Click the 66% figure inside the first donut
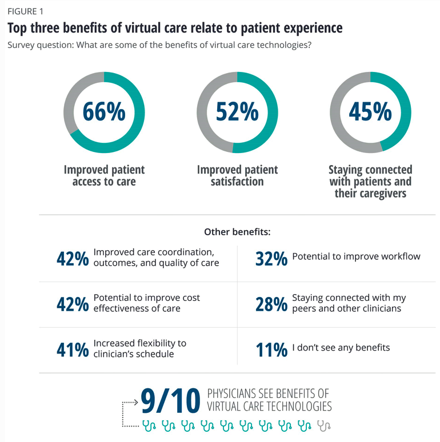coord(104,111)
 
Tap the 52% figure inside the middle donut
coord(237,111)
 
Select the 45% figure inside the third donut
coord(370,111)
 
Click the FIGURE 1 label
coord(26,11)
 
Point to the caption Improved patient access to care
coord(104,176)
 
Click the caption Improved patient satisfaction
coord(237,176)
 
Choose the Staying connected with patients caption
coord(370,182)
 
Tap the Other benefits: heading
coord(237,232)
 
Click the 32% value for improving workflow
coord(271,259)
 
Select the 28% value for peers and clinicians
coord(271,304)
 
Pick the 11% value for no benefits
coord(271,349)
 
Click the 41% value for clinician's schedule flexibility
coord(73,349)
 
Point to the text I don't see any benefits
coord(341,347)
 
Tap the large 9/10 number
coord(170,400)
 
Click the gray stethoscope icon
coord(324,425)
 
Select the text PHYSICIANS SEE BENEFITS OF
coord(267,394)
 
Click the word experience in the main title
coord(310,27)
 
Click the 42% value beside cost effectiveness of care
coord(73,304)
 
